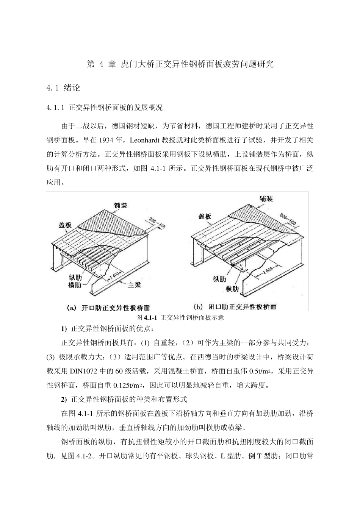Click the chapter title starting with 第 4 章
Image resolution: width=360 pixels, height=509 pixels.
pyautogui.click(x=180, y=64)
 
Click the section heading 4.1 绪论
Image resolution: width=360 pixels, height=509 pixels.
pyautogui.click(x=63, y=88)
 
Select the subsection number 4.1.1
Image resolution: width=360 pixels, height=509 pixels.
pyautogui.click(x=56, y=108)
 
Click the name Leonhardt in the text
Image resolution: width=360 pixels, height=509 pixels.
pyautogui.click(x=146, y=140)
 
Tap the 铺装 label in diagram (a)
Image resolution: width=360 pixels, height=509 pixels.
pyautogui.click(x=121, y=205)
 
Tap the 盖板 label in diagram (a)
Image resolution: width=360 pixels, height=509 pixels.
pyautogui.click(x=65, y=225)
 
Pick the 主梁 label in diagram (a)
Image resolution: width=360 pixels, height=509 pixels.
pyautogui.click(x=134, y=285)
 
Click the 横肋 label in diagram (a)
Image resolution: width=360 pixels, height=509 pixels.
pyautogui.click(x=75, y=285)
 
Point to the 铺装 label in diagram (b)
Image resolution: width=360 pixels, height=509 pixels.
pyautogui.click(x=266, y=198)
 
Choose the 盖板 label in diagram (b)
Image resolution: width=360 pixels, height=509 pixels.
pyautogui.click(x=205, y=217)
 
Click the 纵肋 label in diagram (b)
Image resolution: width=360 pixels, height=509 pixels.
pyautogui.click(x=220, y=279)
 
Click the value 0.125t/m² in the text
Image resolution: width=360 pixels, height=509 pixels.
pyautogui.click(x=130, y=386)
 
